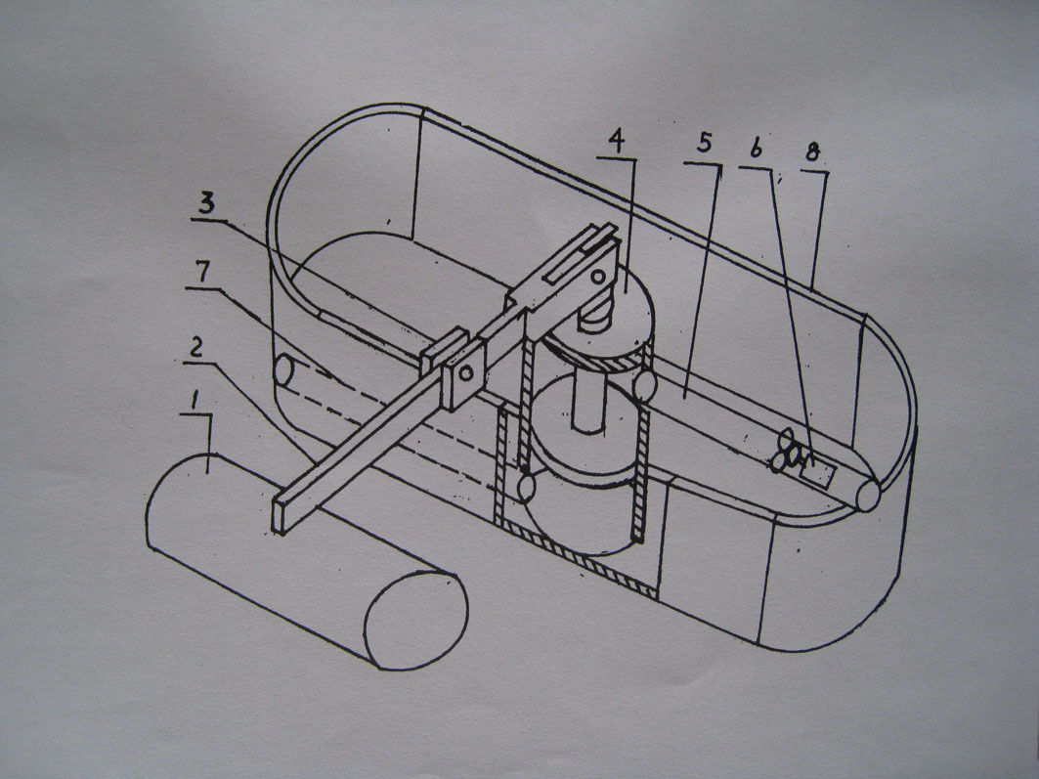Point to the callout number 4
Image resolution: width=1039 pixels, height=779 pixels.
click(x=615, y=140)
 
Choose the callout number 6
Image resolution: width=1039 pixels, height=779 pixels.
click(x=755, y=150)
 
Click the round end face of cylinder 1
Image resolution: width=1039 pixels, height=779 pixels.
click(x=416, y=620)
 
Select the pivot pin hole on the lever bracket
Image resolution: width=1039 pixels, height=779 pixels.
click(x=464, y=372)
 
